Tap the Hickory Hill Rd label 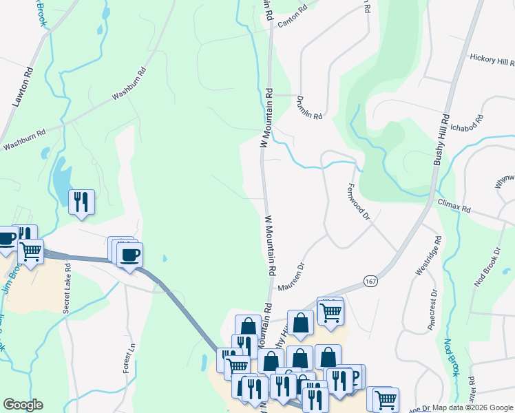point(492,61)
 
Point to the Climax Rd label point(454,204)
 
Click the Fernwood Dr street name point(359,200)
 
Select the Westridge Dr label point(425,260)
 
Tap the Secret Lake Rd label point(67,288)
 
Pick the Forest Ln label point(128,359)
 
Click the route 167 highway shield point(370,282)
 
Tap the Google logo point(23,405)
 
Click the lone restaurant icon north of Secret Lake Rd point(81,202)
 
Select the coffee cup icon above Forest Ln point(129,255)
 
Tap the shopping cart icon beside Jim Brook point(30,251)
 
